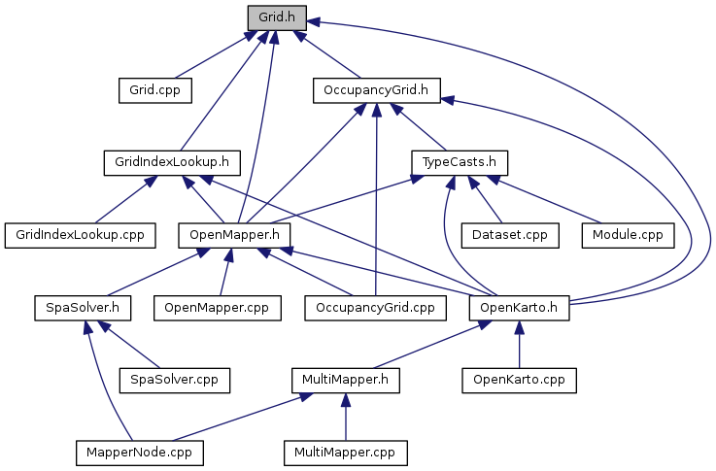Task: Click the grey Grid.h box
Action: coord(277,17)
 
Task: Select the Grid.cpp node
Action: coord(155,90)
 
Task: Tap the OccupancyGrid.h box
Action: coord(376,90)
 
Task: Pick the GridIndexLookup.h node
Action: coord(172,162)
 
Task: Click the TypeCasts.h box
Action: coord(460,162)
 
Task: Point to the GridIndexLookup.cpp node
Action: coord(81,235)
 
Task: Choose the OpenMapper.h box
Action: coord(234,235)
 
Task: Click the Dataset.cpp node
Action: coord(510,235)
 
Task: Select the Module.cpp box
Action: coord(628,235)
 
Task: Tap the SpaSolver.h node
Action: coord(83,308)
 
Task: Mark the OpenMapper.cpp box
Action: coord(218,308)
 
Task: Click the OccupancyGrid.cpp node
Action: coord(375,308)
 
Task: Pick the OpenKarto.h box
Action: coord(519,308)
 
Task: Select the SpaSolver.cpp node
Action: coord(175,380)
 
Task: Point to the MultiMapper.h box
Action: coord(346,380)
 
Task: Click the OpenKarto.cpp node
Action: coord(519,380)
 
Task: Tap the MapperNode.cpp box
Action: coord(140,453)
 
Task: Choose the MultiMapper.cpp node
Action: coord(346,453)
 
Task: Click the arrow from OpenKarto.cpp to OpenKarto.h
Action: coord(519,345)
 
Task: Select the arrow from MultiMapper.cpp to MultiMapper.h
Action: coord(346,417)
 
